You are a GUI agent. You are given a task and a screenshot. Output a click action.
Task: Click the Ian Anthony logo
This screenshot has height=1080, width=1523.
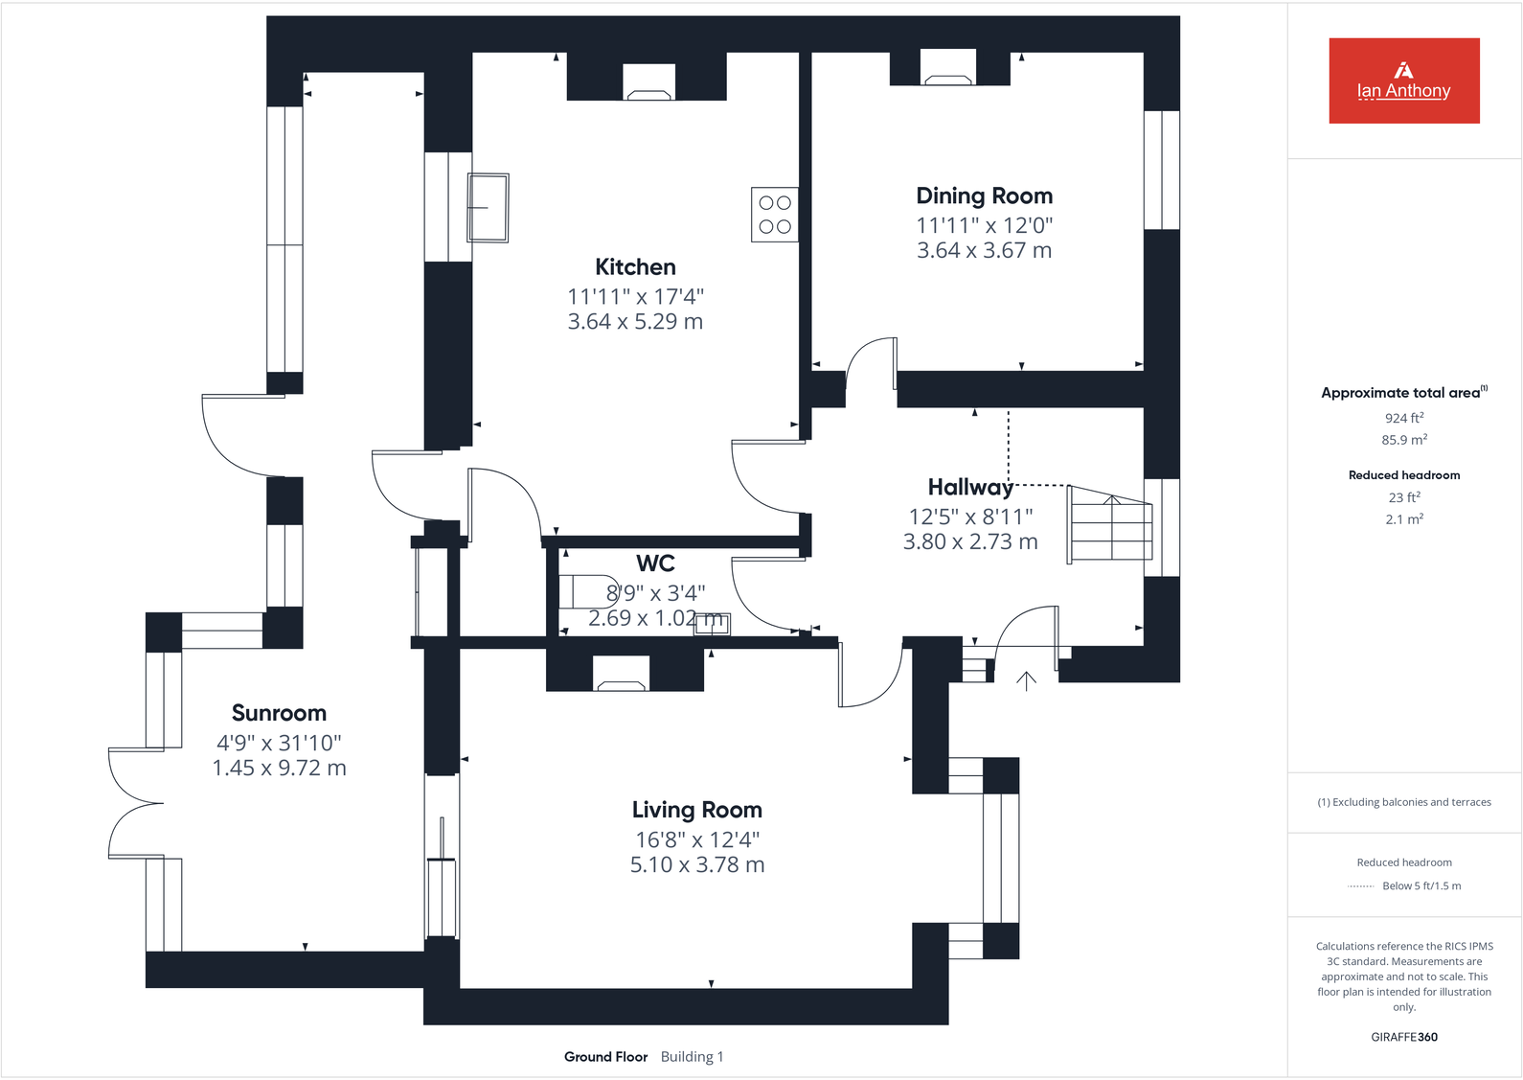[x=1403, y=80]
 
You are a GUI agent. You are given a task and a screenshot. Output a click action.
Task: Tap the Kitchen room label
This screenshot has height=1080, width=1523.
[x=635, y=267]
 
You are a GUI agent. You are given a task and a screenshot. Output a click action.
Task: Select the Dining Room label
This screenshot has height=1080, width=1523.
[x=984, y=196]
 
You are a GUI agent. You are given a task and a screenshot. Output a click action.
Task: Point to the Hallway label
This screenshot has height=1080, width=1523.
[x=969, y=488]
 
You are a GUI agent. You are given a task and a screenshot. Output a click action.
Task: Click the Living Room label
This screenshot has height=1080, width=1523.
[x=696, y=810]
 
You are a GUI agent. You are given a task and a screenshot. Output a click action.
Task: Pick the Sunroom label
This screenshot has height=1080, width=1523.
[x=279, y=713]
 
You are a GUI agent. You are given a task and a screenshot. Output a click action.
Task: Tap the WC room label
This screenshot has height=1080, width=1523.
[x=655, y=563]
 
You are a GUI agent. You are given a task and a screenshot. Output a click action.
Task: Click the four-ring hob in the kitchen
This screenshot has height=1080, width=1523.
[x=774, y=215]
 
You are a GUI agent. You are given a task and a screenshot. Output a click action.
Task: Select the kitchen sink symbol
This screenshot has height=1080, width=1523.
[x=488, y=207]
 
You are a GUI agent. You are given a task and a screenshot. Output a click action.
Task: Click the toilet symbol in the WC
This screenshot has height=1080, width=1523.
[x=583, y=591]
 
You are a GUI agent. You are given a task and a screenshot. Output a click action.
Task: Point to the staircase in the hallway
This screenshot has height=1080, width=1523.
[x=1110, y=524]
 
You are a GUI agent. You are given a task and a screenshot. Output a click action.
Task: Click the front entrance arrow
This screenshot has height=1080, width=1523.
[x=1026, y=681]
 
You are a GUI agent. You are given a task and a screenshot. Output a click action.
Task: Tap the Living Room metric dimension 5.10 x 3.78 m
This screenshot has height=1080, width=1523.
[x=696, y=865]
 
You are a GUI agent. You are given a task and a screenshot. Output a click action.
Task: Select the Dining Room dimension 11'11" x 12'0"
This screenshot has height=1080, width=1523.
[x=984, y=226]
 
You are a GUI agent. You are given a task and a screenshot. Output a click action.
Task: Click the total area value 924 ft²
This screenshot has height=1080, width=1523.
[x=1403, y=418]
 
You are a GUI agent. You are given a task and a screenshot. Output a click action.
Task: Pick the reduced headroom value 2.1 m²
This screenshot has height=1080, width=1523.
[x=1403, y=519]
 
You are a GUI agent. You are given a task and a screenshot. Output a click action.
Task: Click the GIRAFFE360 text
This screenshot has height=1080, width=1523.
[x=1403, y=1037]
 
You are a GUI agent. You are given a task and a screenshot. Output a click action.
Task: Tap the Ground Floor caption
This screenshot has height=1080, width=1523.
[x=605, y=1057]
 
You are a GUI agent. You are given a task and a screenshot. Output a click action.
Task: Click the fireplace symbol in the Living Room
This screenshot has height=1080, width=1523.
[x=621, y=675]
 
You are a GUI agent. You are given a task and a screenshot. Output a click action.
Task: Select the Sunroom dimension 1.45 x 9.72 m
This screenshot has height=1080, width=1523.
[x=279, y=769]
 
